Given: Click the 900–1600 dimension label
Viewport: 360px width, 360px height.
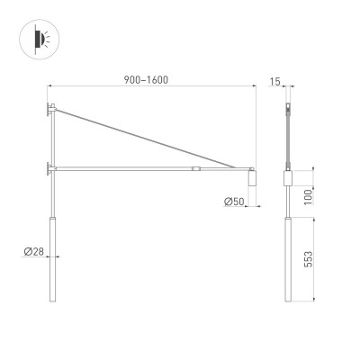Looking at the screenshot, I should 148,79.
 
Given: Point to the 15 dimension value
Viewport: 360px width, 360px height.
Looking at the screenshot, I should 274,82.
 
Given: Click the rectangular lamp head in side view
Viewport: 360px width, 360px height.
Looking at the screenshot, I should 288,179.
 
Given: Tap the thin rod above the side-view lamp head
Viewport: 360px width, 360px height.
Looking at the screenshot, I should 288,144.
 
